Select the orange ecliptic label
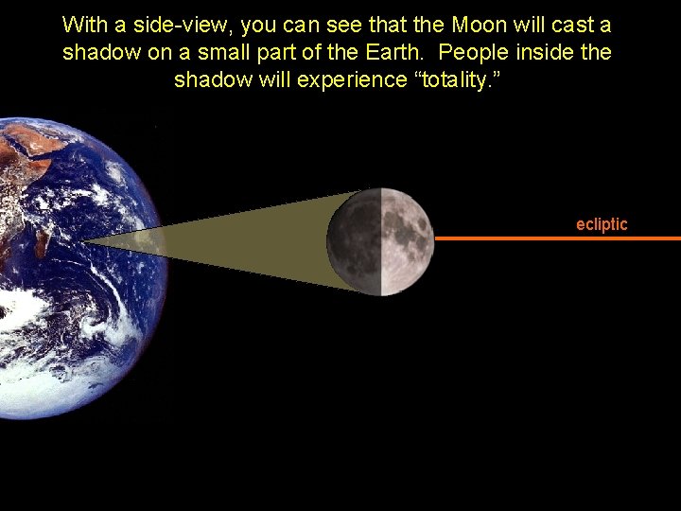point(602,224)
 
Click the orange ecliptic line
point(558,238)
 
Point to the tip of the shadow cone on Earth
point(85,242)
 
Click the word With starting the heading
point(83,24)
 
